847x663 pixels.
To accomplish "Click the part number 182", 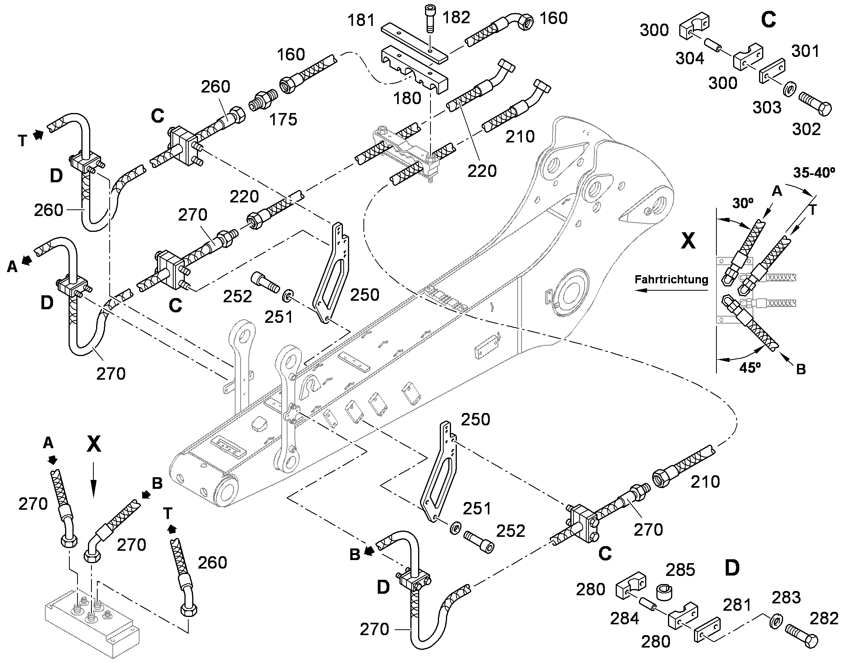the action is [x=456, y=17].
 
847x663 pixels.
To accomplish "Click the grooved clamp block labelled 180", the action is [x=414, y=70].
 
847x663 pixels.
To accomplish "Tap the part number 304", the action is [x=690, y=58].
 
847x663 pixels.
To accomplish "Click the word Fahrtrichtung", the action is [x=671, y=279].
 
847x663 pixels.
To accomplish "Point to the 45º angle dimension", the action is [x=750, y=368].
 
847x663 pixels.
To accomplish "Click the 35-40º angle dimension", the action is [x=814, y=173].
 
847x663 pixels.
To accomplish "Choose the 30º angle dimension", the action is [x=743, y=203].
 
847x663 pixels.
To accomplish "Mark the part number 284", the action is [x=624, y=618].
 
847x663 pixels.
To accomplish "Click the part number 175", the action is [x=283, y=120].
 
